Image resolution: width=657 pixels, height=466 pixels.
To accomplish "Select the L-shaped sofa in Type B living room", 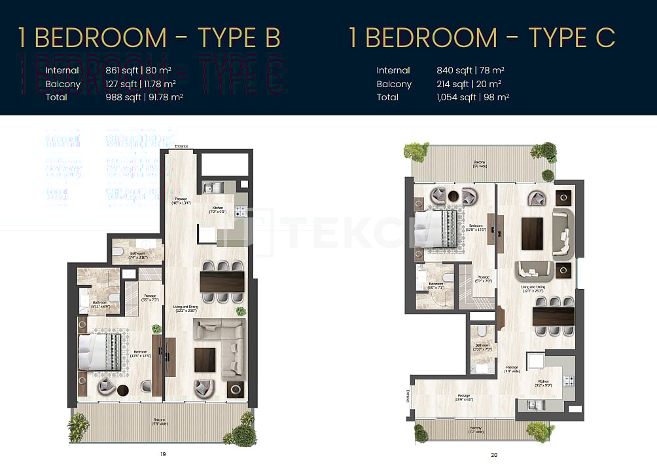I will [x=222, y=344].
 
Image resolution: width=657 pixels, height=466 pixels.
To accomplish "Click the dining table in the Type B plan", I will [x=222, y=282].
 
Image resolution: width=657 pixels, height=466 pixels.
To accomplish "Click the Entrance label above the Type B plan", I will [x=181, y=146].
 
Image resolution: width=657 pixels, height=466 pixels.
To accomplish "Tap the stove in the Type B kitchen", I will [x=240, y=211].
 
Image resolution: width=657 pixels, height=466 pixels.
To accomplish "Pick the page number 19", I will [x=163, y=454].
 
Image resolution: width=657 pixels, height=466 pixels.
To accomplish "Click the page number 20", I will [x=493, y=454].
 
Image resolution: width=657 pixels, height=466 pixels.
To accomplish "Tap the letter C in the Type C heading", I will [x=605, y=38].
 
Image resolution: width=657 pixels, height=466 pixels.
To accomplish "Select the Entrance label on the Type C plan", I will [x=406, y=397].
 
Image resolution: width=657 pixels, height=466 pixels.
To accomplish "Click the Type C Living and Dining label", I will [x=532, y=288].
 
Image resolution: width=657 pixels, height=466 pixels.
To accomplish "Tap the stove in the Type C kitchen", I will [x=568, y=381].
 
